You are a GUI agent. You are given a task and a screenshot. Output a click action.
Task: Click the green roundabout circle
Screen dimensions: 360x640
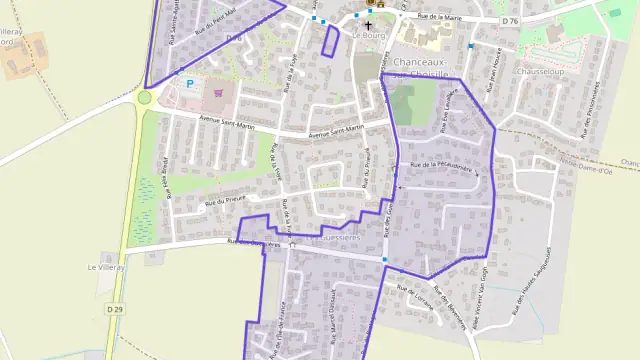tap(145, 98)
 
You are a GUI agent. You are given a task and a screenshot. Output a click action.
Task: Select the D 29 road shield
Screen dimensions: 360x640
tap(114, 311)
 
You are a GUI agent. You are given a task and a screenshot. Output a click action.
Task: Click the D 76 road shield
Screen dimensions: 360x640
tap(512, 21)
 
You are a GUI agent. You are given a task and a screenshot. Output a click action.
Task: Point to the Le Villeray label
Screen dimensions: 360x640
tap(103, 267)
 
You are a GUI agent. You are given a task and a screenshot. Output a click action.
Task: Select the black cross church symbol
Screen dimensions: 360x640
tap(368, 24)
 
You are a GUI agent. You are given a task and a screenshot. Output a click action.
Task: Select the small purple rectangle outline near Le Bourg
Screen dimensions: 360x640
tap(330, 40)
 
